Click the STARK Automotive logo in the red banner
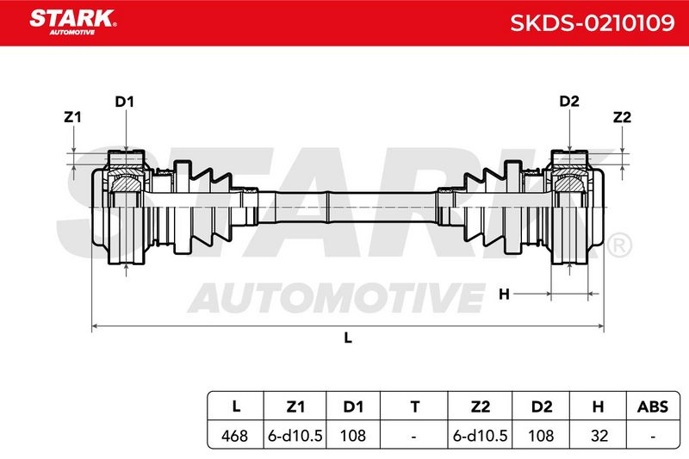click(x=73, y=22)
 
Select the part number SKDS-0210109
click(x=592, y=23)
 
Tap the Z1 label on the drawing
click(x=72, y=117)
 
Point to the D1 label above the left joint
click(x=124, y=102)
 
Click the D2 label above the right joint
click(x=569, y=102)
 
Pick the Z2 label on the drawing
click(x=622, y=117)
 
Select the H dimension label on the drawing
click(x=504, y=294)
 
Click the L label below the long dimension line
click(x=348, y=338)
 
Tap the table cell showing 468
click(x=234, y=436)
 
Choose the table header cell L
click(x=236, y=406)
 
